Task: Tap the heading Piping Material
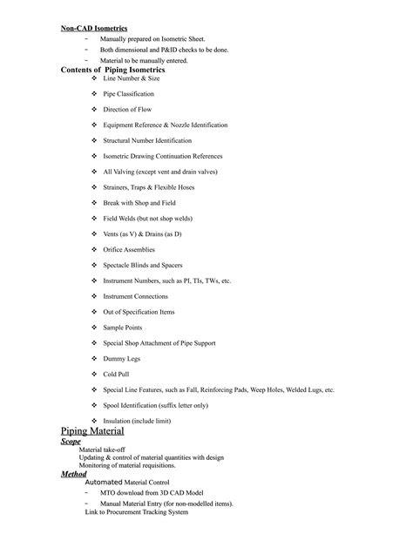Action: pyautogui.click(x=92, y=431)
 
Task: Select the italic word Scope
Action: pyautogui.click(x=71, y=442)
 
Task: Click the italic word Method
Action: pyautogui.click(x=74, y=474)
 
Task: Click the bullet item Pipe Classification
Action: pyautogui.click(x=128, y=93)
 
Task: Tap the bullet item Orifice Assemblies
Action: pyautogui.click(x=130, y=249)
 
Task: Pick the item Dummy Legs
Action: pyautogui.click(x=121, y=358)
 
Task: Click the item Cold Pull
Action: pyautogui.click(x=116, y=374)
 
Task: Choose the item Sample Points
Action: pyautogui.click(x=122, y=327)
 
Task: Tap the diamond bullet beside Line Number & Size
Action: pyautogui.click(x=95, y=78)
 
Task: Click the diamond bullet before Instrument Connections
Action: pyautogui.click(x=95, y=296)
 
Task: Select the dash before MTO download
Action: pyautogui.click(x=86, y=492)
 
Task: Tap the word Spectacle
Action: pyautogui.click(x=118, y=265)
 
